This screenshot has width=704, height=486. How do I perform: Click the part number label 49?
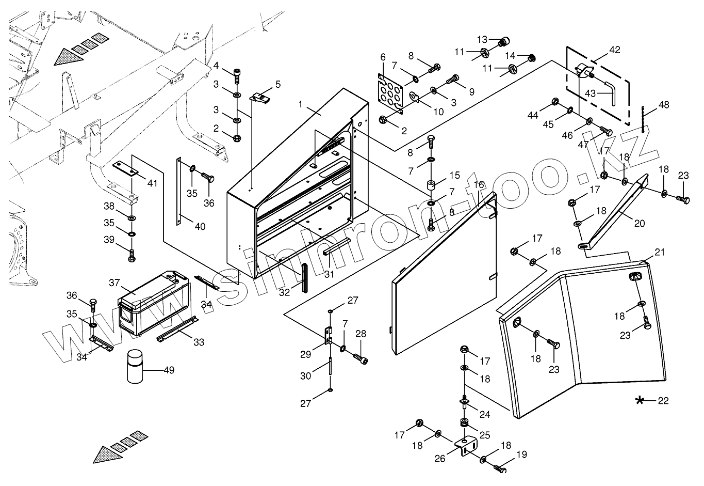pos(169,370)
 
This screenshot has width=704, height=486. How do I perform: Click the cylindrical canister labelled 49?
pos(135,366)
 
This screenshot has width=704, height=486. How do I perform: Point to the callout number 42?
pos(614,50)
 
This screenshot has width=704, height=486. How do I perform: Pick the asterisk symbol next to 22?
pos(640,400)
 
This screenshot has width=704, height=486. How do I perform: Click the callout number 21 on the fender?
pos(660,253)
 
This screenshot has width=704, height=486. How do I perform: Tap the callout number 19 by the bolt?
pos(522,455)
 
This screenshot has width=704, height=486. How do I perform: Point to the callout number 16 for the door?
pos(479,184)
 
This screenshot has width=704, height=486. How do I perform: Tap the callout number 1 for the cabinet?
pos(300,104)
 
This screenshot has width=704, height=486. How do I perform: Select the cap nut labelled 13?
pos(505,42)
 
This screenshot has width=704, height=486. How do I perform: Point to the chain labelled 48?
pos(643,119)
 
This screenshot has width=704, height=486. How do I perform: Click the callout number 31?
pos(329,274)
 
